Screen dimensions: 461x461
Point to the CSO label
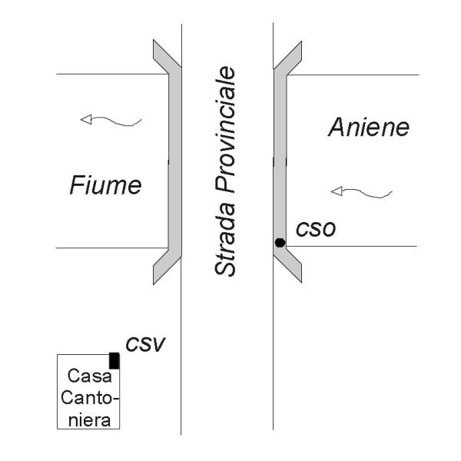[311, 229]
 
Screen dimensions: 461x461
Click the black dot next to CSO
[280, 243]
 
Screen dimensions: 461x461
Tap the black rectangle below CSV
[114, 360]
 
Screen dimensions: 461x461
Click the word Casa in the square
[86, 377]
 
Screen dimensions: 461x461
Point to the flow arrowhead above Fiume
[87, 119]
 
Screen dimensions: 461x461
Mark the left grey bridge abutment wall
[175, 161]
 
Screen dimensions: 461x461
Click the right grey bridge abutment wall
[280, 161]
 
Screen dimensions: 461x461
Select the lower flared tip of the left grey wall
[162, 270]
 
